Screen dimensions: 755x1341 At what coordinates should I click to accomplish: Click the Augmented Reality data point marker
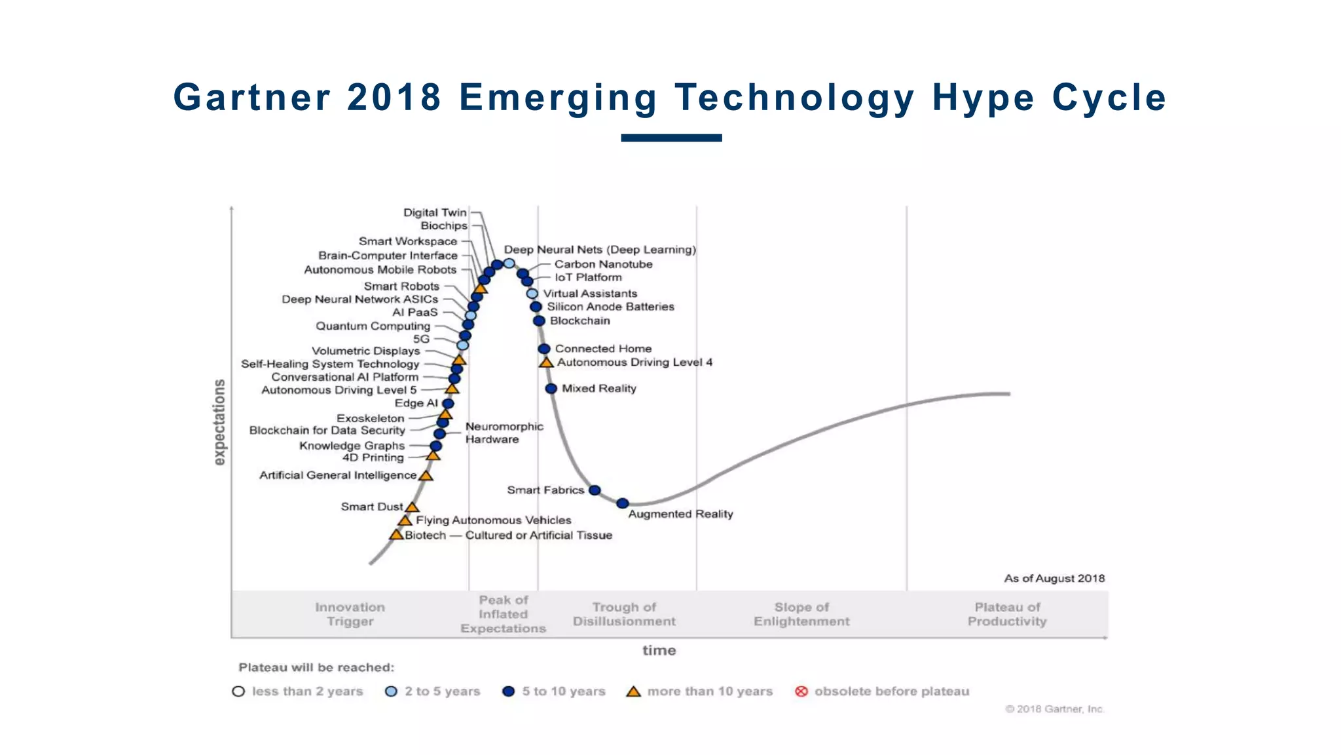tap(623, 503)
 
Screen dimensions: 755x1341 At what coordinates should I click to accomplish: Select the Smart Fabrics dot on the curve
tap(595, 490)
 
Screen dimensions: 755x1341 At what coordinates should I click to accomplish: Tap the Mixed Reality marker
tap(551, 389)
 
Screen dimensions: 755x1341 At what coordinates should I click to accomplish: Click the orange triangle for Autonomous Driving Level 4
tap(546, 362)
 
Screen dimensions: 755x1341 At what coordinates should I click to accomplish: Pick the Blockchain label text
tap(579, 320)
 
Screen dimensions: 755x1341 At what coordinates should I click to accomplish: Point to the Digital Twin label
tap(435, 212)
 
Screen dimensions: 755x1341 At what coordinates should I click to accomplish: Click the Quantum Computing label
tap(373, 326)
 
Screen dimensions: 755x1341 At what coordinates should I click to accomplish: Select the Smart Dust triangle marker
tap(412, 507)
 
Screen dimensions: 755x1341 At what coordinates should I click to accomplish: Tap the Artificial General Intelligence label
tap(337, 475)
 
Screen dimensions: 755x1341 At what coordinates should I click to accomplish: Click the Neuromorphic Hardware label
tap(504, 433)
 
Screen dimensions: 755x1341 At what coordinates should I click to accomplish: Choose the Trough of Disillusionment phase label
tap(624, 614)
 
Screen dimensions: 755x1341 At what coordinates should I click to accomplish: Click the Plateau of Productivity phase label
tap(1007, 614)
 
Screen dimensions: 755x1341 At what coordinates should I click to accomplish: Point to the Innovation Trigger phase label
tap(350, 614)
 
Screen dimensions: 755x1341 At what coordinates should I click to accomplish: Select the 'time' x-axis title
tap(659, 650)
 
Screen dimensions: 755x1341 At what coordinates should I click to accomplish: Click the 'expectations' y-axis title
tap(219, 422)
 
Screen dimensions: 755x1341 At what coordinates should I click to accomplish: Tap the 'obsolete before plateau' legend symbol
tap(801, 691)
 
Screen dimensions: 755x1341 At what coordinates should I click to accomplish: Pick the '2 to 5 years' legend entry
tap(433, 691)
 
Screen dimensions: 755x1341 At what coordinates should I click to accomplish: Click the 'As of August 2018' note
tap(1054, 578)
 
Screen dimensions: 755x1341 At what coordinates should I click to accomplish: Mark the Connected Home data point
tap(544, 349)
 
